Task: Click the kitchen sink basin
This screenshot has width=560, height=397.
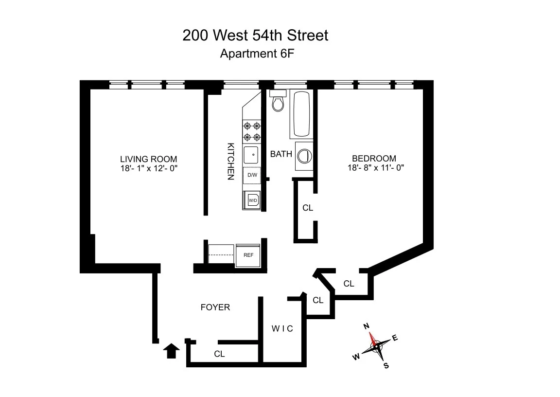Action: (x=252, y=155)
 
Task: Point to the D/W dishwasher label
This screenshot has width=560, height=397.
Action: (x=252, y=175)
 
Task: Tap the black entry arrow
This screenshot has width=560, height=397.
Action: (x=171, y=350)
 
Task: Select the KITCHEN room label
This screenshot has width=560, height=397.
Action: (x=231, y=161)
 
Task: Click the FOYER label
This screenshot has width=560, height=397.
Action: (x=215, y=307)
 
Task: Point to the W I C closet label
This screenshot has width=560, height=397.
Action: (x=282, y=329)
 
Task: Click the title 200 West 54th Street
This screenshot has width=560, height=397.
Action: (x=255, y=36)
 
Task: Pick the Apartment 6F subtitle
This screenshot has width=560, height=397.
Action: (x=257, y=54)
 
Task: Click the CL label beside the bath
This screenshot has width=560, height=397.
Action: (x=308, y=208)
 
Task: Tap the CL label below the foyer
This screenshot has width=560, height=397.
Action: (x=219, y=354)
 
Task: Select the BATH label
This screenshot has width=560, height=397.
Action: (x=281, y=154)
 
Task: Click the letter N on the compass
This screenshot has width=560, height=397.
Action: (x=367, y=326)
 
